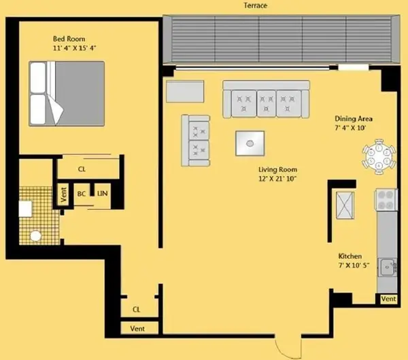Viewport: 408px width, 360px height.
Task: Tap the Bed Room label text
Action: (69, 39)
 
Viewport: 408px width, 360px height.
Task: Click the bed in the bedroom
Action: (67, 93)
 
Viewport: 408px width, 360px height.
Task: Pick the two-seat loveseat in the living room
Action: (196, 140)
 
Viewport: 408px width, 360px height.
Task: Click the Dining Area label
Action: (353, 118)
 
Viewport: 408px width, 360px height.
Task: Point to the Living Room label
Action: (277, 169)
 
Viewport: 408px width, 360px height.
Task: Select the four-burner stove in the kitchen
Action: (386, 199)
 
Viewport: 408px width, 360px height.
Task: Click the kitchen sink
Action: (388, 267)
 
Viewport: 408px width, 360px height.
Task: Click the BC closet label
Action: (82, 194)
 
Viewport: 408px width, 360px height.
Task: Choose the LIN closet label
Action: (103, 194)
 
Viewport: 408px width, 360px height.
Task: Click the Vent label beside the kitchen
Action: (388, 299)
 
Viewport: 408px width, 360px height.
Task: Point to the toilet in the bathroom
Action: (36, 236)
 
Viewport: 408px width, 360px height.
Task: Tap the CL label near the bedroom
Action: (82, 168)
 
